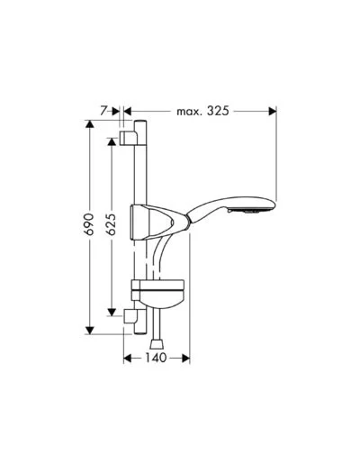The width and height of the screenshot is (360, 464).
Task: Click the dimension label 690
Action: click(x=89, y=224)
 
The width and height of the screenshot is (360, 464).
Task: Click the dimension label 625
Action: click(x=112, y=224)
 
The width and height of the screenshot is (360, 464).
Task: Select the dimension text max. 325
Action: click(x=202, y=111)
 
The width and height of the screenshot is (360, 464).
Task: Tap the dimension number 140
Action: click(x=156, y=358)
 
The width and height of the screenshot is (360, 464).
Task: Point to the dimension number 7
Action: click(x=103, y=111)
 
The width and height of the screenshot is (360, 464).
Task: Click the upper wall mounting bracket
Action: click(x=129, y=139)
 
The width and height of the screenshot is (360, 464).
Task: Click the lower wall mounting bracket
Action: click(x=130, y=316)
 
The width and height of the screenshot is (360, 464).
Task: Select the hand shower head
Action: click(x=231, y=209)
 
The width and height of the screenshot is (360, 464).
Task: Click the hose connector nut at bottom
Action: click(x=157, y=344)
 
